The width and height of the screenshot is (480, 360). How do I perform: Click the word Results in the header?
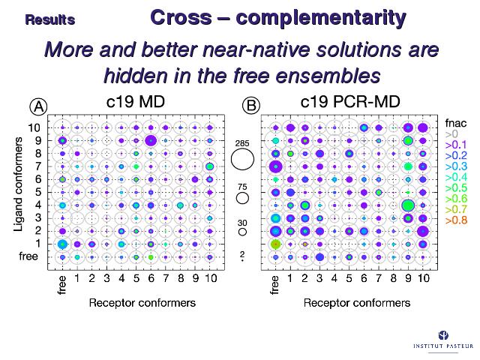pos(50,20)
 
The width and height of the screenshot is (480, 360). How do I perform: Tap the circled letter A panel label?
pos(38,106)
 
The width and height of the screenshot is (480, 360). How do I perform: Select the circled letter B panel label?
pos(251,106)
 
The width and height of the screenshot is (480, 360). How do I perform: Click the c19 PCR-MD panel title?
pos(350,101)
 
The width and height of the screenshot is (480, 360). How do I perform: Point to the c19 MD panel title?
pos(136,101)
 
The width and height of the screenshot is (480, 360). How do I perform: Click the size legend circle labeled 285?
pos(242,159)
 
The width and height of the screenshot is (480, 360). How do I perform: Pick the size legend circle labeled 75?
pos(242,198)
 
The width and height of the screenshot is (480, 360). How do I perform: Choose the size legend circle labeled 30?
pos(242,232)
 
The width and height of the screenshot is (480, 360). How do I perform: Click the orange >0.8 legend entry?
pos(456,220)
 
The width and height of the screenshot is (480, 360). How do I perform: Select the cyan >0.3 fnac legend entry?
pos(456,166)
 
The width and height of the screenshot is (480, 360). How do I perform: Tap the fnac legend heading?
pos(456,123)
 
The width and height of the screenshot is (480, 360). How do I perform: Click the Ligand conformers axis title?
pos(19,184)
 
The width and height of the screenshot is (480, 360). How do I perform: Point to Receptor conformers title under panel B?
pos(357,303)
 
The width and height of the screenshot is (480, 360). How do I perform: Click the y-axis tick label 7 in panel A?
pos(37,166)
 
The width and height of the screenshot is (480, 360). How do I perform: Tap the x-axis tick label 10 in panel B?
pos(423,278)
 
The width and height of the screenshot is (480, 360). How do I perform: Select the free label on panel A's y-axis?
pos(28,256)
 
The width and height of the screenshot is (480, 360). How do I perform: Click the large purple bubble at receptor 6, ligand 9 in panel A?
pos(151,141)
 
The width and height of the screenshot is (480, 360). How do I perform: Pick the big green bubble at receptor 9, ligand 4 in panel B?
pos(408,205)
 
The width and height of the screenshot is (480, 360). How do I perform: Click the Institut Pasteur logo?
pos(443,340)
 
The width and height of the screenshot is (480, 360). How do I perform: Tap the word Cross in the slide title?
pos(181,17)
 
